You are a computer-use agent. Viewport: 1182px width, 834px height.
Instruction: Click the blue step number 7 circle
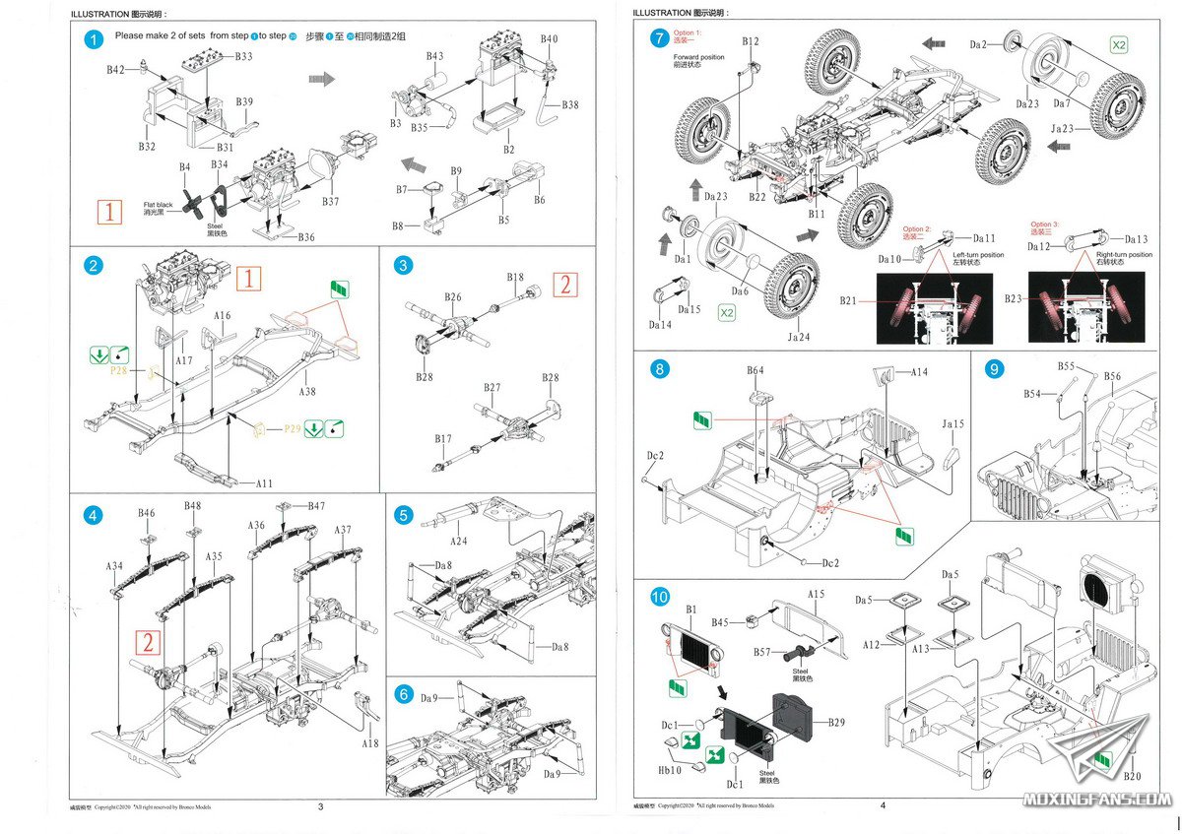pyautogui.click(x=659, y=39)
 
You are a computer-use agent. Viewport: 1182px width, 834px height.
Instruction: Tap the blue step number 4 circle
pyautogui.click(x=94, y=515)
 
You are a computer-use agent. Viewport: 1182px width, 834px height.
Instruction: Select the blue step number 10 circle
pyautogui.click(x=659, y=597)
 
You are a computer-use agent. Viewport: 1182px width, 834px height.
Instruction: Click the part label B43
pyautogui.click(x=434, y=56)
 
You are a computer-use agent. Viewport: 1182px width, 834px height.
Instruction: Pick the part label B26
pyautogui.click(x=452, y=296)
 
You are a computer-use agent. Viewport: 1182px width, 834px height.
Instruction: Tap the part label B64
pyautogui.click(x=755, y=370)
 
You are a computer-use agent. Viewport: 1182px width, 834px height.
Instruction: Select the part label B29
pyautogui.click(x=835, y=723)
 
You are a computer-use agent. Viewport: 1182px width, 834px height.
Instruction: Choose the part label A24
pyautogui.click(x=458, y=541)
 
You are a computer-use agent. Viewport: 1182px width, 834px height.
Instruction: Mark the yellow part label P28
pyautogui.click(x=119, y=371)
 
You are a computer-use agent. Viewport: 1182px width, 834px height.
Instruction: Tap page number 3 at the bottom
pyautogui.click(x=321, y=806)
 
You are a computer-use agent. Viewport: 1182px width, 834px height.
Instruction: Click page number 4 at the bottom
pyautogui.click(x=884, y=806)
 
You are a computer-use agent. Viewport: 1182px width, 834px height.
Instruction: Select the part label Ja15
pyautogui.click(x=952, y=423)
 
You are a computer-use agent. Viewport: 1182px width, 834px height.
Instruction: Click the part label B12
pyautogui.click(x=751, y=41)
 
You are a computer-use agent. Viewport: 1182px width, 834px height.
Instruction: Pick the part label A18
pyautogui.click(x=369, y=743)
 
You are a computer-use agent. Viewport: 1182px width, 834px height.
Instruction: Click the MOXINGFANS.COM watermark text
pyautogui.click(x=1096, y=800)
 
